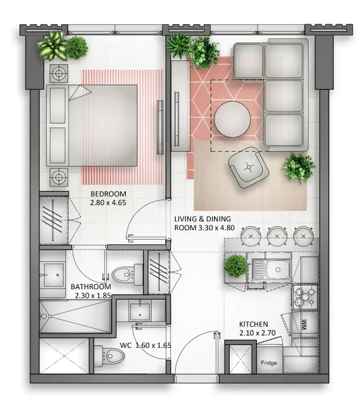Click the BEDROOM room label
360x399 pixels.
coord(108,194)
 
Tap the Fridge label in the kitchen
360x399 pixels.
coord(268,362)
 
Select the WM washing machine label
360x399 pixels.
coord(303,324)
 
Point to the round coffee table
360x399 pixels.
coord(232,119)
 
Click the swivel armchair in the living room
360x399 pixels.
coord(249,167)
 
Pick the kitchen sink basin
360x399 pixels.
coord(277,270)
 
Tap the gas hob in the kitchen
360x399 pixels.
coord(305,297)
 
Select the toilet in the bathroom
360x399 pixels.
coord(127,275)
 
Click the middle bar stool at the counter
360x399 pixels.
coord(277,236)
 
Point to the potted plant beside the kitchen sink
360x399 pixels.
coord(236,266)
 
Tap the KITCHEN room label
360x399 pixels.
coord(253,324)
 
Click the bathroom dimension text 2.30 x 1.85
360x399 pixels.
coord(93,295)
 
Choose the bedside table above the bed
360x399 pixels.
coord(59,73)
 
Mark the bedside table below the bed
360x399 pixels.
coord(59,177)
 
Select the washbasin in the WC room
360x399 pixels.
coord(140,310)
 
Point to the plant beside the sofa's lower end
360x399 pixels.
coord(298,167)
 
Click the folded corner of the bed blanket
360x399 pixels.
coord(80,93)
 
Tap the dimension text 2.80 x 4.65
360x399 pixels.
coord(108,203)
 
